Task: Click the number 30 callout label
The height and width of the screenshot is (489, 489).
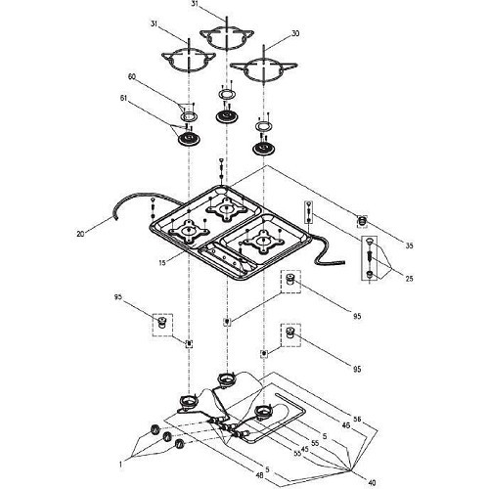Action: tap(294, 33)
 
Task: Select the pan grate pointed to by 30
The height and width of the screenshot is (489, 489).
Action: tap(263, 67)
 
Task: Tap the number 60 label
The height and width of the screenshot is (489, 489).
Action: tap(132, 76)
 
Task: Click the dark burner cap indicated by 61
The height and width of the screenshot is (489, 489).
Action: tap(189, 140)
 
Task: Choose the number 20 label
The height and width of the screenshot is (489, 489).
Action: tap(80, 234)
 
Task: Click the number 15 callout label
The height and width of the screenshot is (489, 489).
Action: tap(162, 262)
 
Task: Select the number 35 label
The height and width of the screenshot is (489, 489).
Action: tap(409, 245)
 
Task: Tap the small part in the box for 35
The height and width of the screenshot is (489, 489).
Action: tap(362, 222)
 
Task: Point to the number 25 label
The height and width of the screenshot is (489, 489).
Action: tap(409, 279)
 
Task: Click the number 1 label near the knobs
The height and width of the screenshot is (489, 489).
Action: tap(120, 465)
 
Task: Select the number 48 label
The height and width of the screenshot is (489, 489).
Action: tap(259, 476)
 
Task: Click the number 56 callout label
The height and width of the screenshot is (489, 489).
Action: tap(357, 419)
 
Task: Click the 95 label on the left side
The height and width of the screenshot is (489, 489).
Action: tap(117, 297)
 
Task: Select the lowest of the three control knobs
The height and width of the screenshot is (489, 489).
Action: tap(179, 444)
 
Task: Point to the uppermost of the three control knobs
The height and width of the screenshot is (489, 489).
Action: tap(156, 429)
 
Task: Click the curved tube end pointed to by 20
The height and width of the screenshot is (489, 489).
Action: tap(114, 218)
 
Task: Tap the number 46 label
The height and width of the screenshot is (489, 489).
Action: tap(345, 425)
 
